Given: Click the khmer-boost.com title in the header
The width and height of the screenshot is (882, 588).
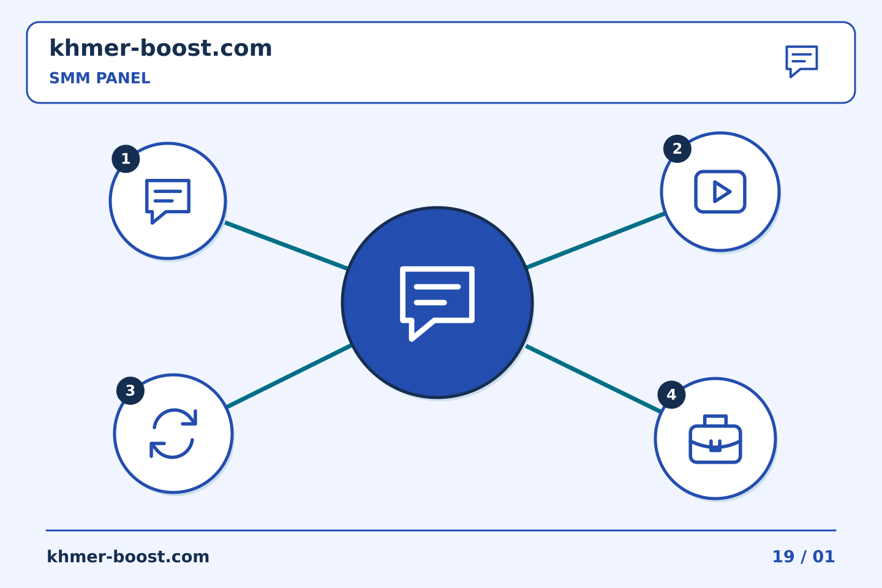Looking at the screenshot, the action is click(160, 48).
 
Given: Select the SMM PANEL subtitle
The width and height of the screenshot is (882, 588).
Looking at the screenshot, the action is click(100, 78).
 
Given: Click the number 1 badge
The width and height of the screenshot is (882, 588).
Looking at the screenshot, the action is click(126, 159).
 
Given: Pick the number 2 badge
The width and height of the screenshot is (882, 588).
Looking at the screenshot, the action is click(677, 148).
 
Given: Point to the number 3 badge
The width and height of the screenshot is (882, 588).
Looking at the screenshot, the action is click(130, 390).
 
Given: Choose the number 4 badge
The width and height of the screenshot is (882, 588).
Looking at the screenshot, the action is click(672, 394).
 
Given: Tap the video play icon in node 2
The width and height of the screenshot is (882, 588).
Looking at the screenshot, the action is click(720, 191).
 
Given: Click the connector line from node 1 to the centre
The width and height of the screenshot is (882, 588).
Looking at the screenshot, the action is click(286, 246).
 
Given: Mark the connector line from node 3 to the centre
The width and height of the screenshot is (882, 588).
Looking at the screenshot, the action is click(289, 375).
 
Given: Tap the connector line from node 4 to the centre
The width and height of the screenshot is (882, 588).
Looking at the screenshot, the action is click(594, 379).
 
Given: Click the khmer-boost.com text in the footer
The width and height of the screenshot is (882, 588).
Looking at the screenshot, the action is click(128, 557).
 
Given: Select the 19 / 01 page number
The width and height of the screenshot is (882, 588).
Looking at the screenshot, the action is click(803, 557).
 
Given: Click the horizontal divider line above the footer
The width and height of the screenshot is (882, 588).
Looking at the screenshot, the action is click(441, 530).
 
